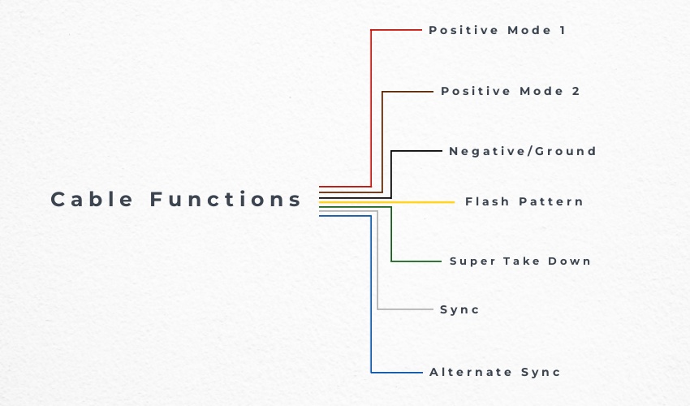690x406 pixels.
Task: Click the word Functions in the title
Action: (x=226, y=199)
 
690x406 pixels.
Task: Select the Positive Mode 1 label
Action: (x=497, y=30)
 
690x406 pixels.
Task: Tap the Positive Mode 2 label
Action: (x=511, y=91)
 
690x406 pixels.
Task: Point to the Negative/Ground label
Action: (x=523, y=151)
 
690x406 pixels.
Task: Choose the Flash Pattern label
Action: (x=524, y=201)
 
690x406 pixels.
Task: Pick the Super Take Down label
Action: (x=520, y=261)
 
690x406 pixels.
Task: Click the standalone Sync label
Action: (x=459, y=309)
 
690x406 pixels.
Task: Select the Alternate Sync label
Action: (x=495, y=372)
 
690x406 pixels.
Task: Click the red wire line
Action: (x=371, y=106)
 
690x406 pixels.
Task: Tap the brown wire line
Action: (x=382, y=138)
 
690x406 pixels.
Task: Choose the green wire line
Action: (x=391, y=235)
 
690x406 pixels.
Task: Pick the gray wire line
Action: (x=377, y=268)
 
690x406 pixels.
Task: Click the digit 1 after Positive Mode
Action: (x=561, y=30)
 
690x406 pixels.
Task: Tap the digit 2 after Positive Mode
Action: (x=576, y=91)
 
